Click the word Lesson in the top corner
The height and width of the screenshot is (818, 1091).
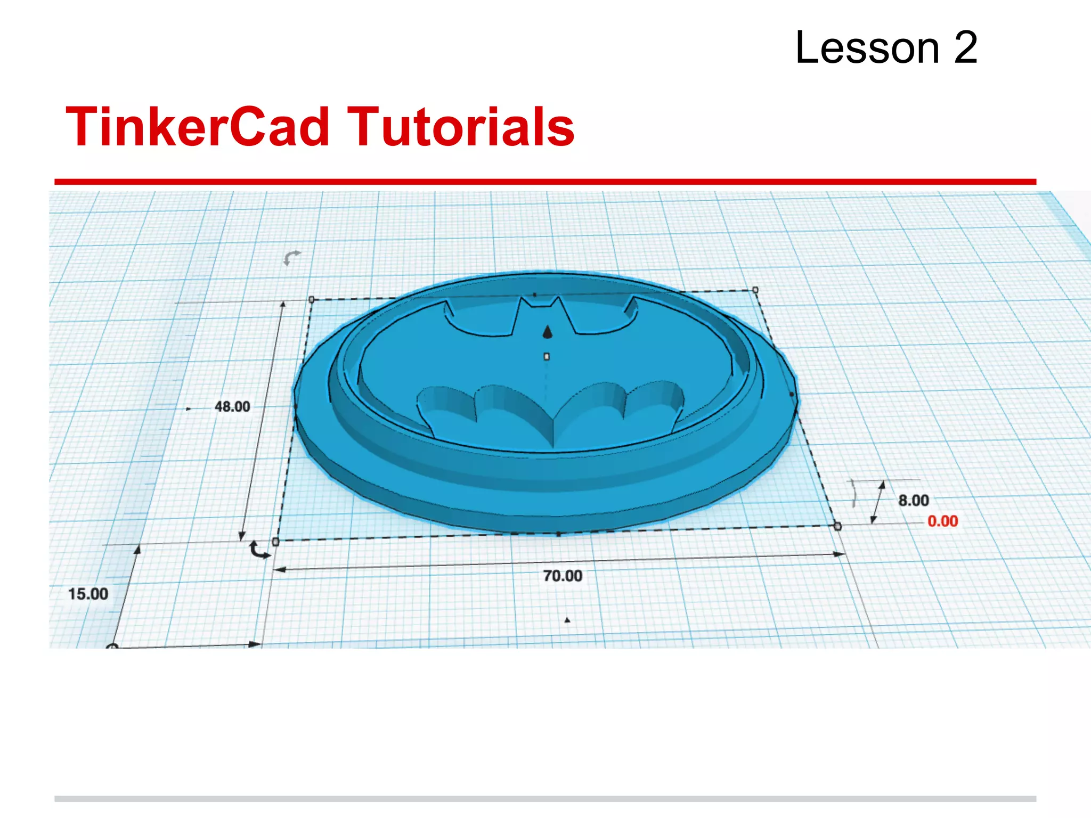pyautogui.click(x=867, y=48)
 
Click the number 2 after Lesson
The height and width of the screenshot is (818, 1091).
pyautogui.click(x=965, y=48)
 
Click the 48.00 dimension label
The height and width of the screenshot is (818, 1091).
pyautogui.click(x=232, y=407)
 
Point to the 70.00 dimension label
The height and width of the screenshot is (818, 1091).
pyautogui.click(x=563, y=576)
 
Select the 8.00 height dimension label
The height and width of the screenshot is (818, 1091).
pyautogui.click(x=913, y=501)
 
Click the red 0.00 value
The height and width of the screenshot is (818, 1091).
pyautogui.click(x=942, y=521)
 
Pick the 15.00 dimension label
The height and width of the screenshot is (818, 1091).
pyautogui.click(x=88, y=594)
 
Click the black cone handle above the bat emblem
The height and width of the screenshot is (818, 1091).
pyautogui.click(x=547, y=332)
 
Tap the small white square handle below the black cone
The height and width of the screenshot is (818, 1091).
pyautogui.click(x=547, y=357)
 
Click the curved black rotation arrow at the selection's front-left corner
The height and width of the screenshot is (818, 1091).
pyautogui.click(x=259, y=550)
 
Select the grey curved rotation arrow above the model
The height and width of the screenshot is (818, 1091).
pyautogui.click(x=291, y=258)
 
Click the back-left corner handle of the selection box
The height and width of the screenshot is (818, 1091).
pyautogui.click(x=312, y=299)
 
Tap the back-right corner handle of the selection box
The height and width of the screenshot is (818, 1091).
pyautogui.click(x=755, y=290)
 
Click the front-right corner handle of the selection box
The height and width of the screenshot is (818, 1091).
pyautogui.click(x=837, y=526)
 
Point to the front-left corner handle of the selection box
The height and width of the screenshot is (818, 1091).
pyautogui.click(x=275, y=542)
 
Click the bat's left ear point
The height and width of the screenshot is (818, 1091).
pyautogui.click(x=522, y=300)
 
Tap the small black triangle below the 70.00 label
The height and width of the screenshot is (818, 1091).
pyautogui.click(x=567, y=620)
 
